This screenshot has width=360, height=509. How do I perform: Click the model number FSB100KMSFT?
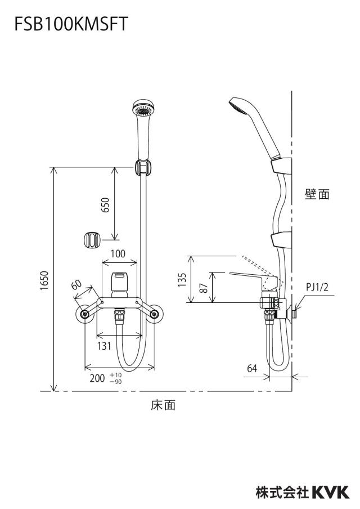coord(71,24)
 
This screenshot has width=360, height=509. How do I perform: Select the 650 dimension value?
coord(106,204)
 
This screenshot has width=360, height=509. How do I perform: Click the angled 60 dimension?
coord(76,285)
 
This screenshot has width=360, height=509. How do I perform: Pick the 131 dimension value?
coord(105,346)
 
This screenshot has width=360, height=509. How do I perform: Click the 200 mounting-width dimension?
coord(97,378)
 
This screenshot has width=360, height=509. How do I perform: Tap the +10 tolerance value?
coord(115,375)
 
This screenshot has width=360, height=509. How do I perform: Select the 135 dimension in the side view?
coord(182,280)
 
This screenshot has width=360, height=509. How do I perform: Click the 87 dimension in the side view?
coord(204,288)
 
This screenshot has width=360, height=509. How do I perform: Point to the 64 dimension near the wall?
coord(252,368)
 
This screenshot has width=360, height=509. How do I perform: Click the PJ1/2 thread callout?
coord(317,287)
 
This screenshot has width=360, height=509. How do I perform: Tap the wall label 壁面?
coord(317,194)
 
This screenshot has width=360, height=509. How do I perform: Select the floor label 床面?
coord(163,405)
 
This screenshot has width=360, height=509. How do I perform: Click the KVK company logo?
coord(331,492)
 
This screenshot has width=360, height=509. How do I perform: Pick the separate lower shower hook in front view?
coord(92,240)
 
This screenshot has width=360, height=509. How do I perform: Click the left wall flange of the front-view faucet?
coord(85,314)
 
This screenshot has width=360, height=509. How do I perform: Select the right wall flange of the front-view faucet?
coord(155,314)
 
